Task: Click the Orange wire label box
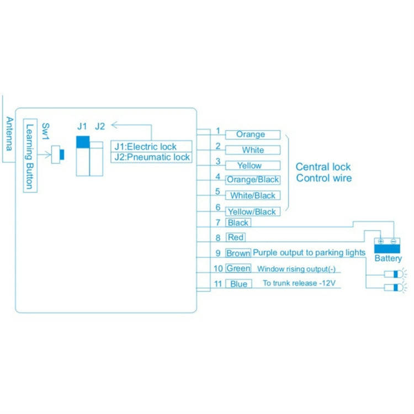(x=251, y=135)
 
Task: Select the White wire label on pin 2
(x=253, y=150)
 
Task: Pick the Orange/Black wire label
(x=253, y=180)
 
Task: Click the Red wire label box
(x=236, y=238)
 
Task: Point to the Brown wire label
(x=238, y=253)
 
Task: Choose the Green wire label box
(x=238, y=269)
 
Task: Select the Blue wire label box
(x=238, y=284)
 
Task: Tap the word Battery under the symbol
(x=388, y=258)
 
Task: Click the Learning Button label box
(x=30, y=156)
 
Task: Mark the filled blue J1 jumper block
(x=82, y=142)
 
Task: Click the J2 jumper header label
(x=100, y=126)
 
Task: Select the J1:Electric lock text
(x=145, y=147)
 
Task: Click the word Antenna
(x=9, y=134)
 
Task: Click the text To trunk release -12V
(x=299, y=284)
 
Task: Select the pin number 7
(x=218, y=222)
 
